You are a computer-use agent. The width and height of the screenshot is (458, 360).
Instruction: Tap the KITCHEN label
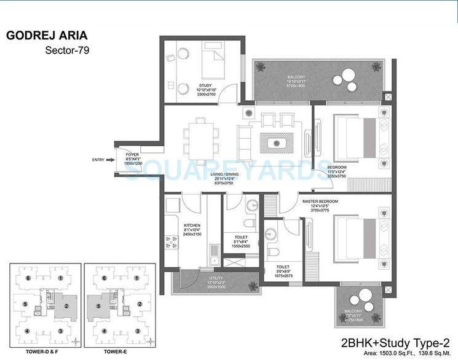(x=192, y=225)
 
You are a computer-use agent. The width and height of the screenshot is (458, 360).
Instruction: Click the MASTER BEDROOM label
(x=321, y=202)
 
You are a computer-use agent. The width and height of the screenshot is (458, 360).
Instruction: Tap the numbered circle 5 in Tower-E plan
(x=97, y=305)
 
